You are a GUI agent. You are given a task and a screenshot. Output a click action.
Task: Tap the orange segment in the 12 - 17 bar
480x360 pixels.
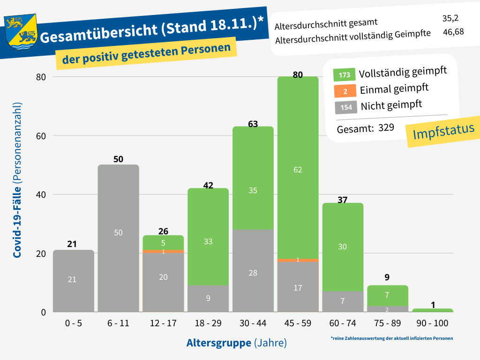163,252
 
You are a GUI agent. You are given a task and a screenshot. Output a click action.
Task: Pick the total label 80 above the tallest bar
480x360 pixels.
298,74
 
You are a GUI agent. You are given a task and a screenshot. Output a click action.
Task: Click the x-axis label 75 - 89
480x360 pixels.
387,323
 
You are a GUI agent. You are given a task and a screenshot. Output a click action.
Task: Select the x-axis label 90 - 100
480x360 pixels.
433,323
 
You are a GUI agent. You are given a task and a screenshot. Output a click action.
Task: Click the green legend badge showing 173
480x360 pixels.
344,75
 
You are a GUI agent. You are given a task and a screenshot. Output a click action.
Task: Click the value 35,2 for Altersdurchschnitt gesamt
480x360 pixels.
450,18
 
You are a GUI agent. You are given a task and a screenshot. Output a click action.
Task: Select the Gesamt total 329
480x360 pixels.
386,127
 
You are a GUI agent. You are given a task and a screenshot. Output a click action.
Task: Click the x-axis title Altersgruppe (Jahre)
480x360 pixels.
236,343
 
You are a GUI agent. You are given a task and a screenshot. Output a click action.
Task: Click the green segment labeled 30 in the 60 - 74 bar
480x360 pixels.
343,247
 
